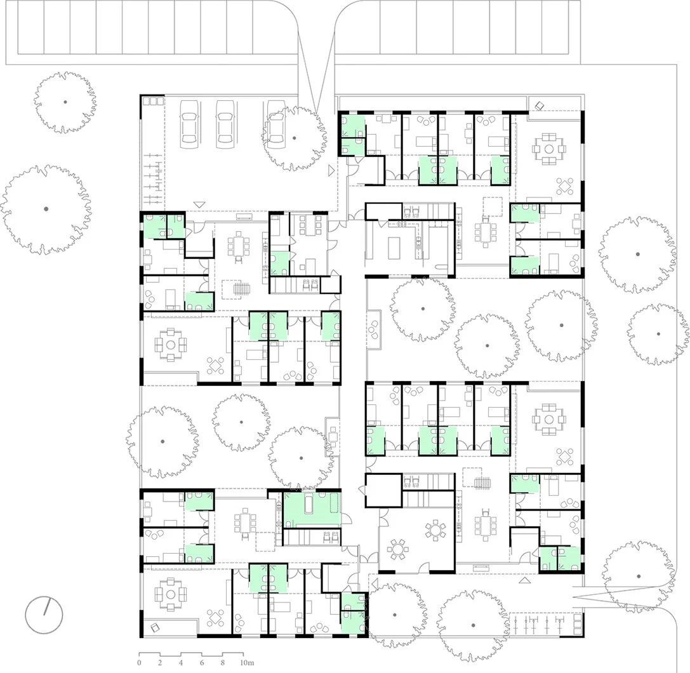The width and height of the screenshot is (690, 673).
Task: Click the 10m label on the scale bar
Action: [247, 662]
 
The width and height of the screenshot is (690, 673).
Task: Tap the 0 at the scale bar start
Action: [140, 662]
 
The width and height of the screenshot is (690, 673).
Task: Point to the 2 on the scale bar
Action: [160, 662]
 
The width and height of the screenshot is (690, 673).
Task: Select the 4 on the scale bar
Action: [181, 662]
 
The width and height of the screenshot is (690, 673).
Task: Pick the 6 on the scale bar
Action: [202, 662]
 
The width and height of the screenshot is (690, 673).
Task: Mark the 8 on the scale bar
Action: [223, 662]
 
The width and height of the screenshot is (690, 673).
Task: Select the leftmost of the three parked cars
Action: [189, 124]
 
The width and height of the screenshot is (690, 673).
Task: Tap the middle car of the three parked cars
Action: [225, 124]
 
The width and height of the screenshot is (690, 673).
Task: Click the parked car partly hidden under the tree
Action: [276, 124]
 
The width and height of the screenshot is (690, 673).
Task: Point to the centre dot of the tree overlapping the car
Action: [295, 138]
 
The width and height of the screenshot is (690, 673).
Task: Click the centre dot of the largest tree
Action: [46, 209]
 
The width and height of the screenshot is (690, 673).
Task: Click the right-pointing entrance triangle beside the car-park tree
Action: [331, 170]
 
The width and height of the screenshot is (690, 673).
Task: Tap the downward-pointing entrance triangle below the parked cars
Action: [200, 204]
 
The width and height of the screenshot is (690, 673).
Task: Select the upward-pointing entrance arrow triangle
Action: [524, 581]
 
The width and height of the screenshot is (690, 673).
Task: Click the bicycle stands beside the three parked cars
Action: [153, 180]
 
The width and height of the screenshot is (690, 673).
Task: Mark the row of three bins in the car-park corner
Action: [152, 101]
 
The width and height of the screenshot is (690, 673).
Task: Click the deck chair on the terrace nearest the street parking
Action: [540, 105]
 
